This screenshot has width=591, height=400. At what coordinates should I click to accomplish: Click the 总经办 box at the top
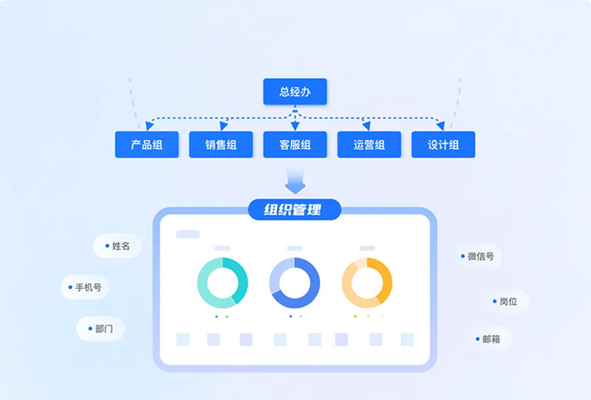[x=295, y=92]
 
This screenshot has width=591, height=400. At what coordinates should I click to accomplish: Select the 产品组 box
[x=147, y=145]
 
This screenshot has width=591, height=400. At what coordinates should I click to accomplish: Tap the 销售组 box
[x=221, y=145]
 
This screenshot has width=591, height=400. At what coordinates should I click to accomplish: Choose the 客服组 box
[x=295, y=145]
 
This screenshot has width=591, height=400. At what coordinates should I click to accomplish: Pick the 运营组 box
[x=369, y=145]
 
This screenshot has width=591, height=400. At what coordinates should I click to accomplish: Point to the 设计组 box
[x=443, y=145]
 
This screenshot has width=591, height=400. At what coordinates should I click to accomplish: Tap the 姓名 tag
[x=117, y=246]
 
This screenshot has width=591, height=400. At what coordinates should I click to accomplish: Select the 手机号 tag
[x=86, y=287]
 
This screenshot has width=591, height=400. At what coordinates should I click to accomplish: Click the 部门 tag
[x=100, y=328]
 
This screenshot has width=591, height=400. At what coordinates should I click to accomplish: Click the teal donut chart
[x=222, y=283]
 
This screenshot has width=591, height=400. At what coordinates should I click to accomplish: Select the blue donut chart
[x=295, y=283]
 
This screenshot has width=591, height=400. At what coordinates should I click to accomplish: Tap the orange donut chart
[x=367, y=283]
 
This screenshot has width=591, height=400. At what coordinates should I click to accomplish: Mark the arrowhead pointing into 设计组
[x=441, y=126]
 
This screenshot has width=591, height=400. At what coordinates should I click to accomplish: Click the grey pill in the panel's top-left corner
[x=188, y=234]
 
